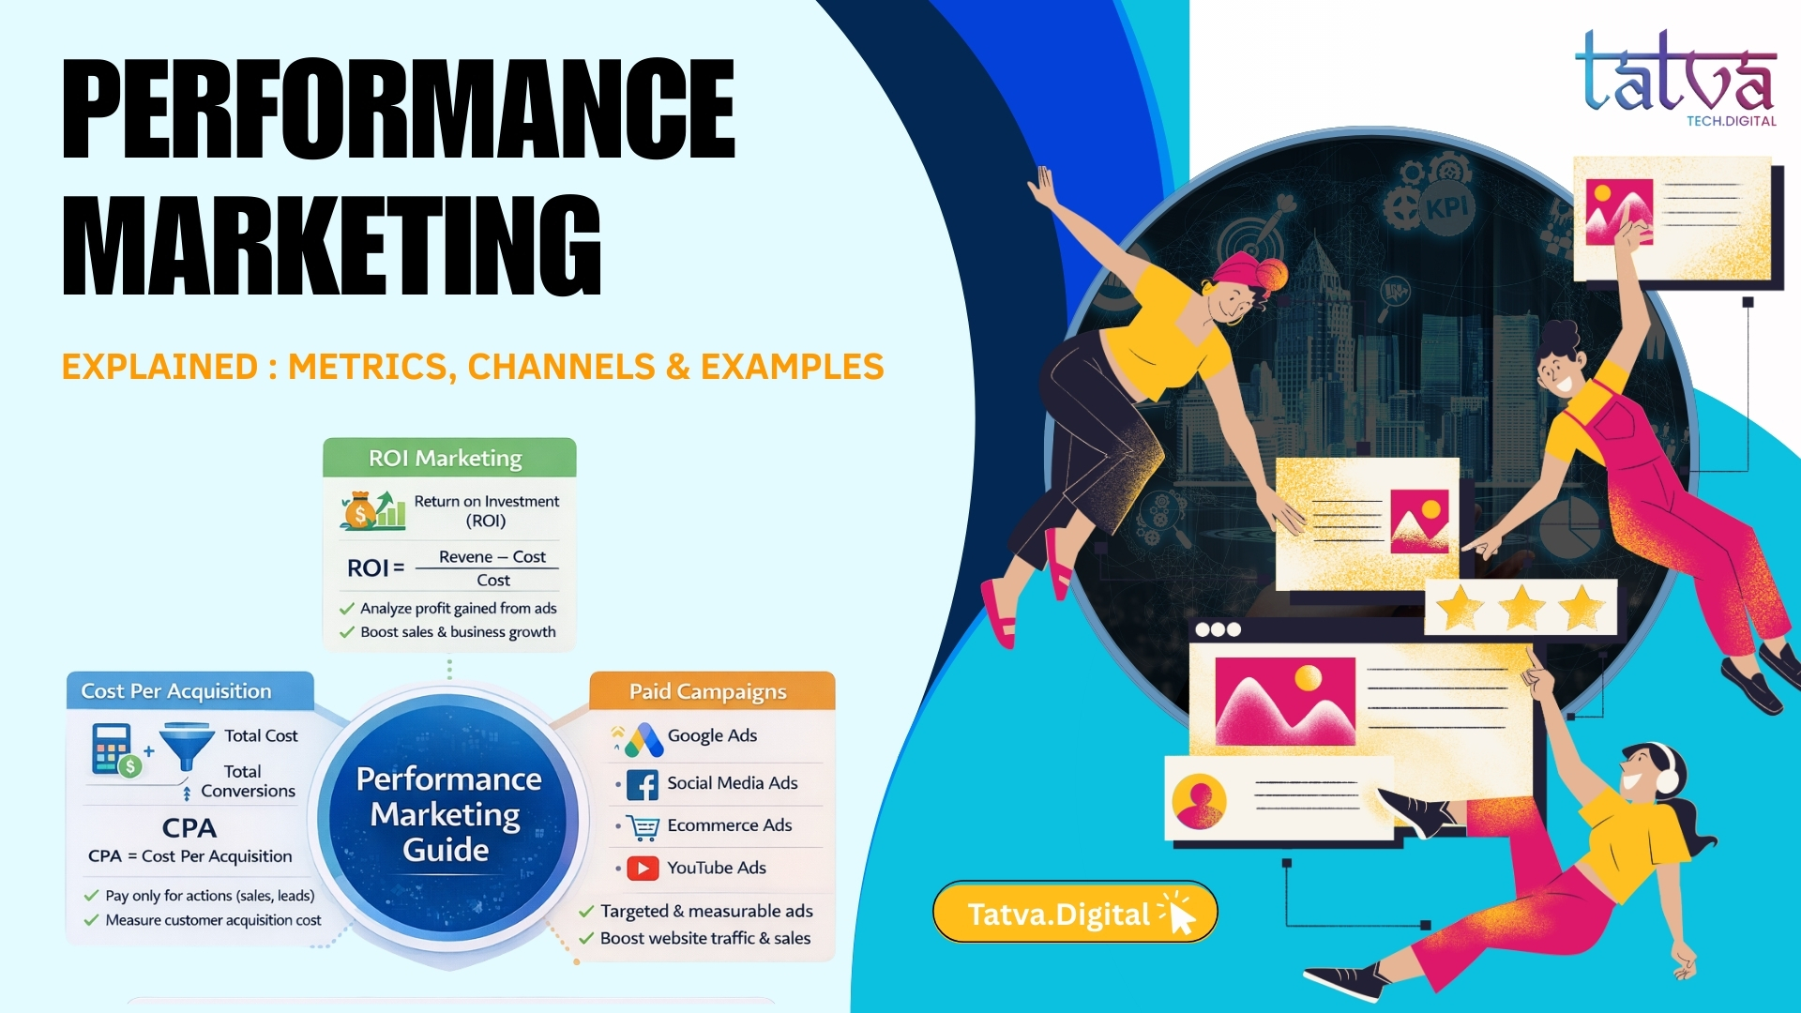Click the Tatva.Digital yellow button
tap(1074, 913)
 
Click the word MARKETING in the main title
tap(331, 246)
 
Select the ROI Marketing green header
tap(449, 458)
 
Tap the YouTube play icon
tap(643, 869)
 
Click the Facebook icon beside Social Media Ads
tap(643, 784)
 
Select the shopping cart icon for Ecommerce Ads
tap(643, 826)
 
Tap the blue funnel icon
tap(187, 744)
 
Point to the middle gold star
tap(1521, 608)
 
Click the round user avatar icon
tap(1199, 801)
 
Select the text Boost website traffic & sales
tap(704, 938)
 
